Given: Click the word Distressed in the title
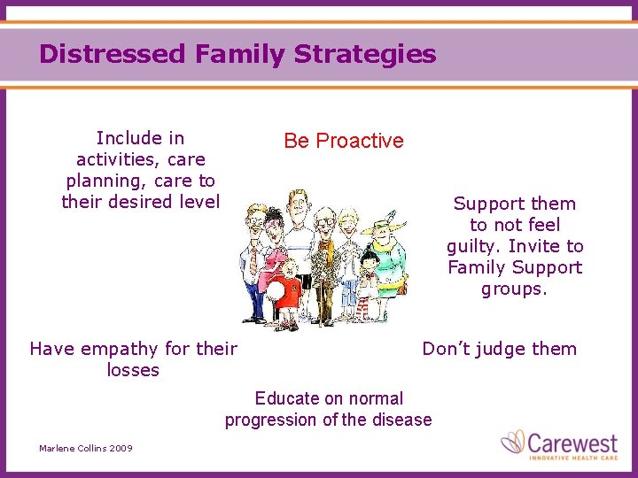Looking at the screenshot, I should (x=113, y=54).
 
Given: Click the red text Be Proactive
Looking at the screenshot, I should (x=343, y=141).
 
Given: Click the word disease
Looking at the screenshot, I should (x=401, y=420).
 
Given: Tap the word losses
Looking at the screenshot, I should (x=133, y=370).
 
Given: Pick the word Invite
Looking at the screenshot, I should (x=535, y=246).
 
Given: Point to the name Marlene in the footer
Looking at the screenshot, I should (x=57, y=449).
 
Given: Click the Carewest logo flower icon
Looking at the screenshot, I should (x=513, y=442).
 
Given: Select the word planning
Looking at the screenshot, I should (x=100, y=181).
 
